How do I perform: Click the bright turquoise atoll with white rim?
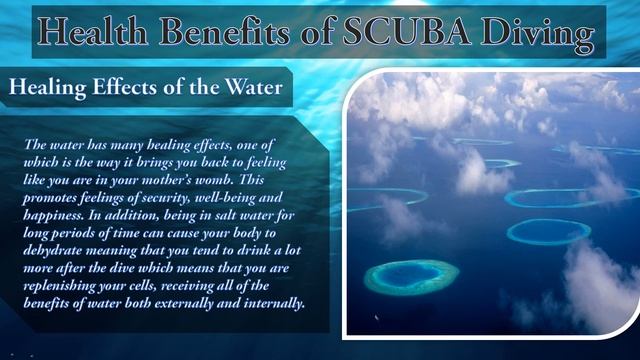pyautogui.click(x=410, y=276)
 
